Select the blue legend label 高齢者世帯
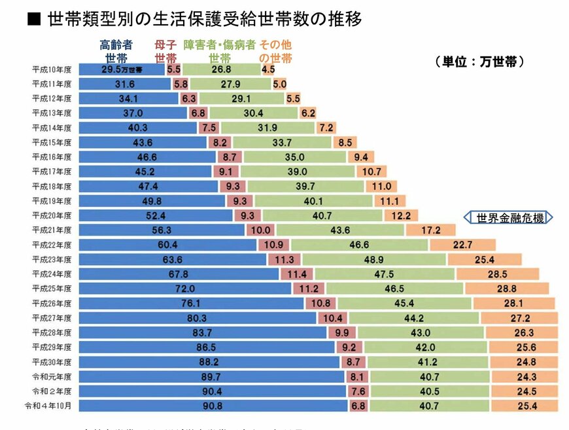click(x=116, y=51)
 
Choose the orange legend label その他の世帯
click(x=275, y=51)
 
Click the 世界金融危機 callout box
click(x=509, y=218)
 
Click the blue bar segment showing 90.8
click(x=213, y=406)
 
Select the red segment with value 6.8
click(x=358, y=406)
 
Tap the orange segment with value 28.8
click(x=506, y=289)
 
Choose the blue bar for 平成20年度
click(x=156, y=215)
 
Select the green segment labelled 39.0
click(x=297, y=171)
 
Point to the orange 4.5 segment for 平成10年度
click(x=268, y=69)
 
